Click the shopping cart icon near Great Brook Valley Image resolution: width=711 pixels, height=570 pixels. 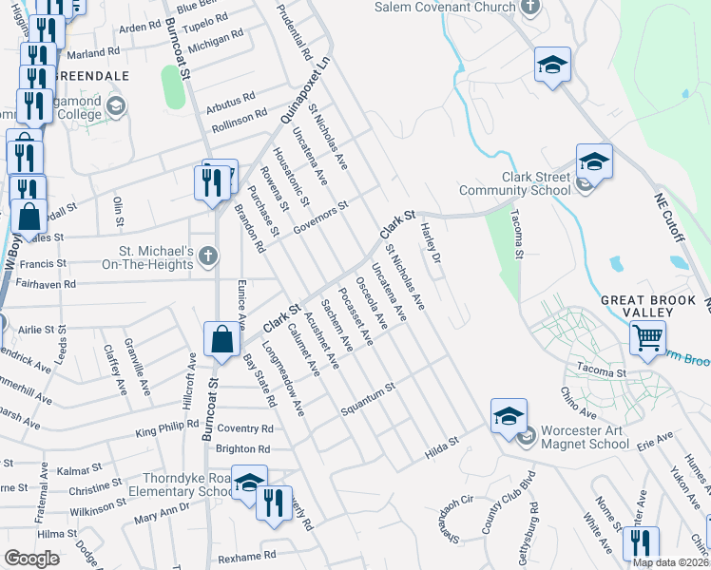pyautogui.click(x=647, y=337)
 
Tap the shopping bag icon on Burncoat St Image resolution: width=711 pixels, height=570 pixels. pyautogui.click(x=221, y=339)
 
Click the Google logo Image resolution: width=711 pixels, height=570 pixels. pyautogui.click(x=31, y=559)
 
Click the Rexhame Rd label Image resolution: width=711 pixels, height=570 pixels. pyautogui.click(x=246, y=556)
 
